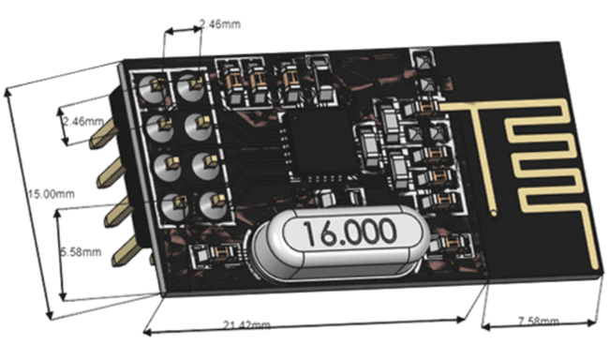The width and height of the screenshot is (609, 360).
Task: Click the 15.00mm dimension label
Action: (x=49, y=193)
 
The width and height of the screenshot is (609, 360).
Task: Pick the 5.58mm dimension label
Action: (x=81, y=253)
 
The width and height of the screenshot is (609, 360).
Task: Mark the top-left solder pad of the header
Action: (x=154, y=86)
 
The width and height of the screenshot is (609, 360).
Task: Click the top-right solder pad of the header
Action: (x=192, y=84)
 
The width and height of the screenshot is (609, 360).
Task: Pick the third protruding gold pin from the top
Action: (x=118, y=213)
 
